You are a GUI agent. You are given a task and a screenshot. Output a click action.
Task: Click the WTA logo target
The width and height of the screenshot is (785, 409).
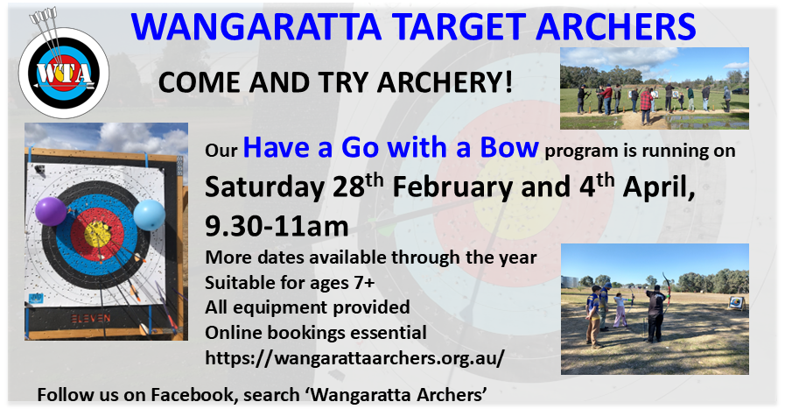click(x=64, y=73)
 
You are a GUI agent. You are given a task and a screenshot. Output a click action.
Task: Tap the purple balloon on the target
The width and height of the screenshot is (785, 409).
click(x=51, y=211)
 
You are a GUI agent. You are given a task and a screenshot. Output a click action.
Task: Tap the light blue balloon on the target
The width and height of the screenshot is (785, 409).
click(x=149, y=215)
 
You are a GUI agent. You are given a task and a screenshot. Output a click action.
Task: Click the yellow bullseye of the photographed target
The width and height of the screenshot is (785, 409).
click(x=98, y=233)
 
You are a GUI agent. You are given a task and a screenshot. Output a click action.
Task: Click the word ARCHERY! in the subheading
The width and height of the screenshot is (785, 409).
click(x=445, y=82)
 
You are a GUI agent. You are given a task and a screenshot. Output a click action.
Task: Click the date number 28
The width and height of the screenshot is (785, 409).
click(x=348, y=187)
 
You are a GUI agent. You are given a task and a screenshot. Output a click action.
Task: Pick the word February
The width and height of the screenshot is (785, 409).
click(x=453, y=188)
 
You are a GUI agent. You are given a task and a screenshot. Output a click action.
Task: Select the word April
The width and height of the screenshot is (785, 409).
click(x=658, y=188)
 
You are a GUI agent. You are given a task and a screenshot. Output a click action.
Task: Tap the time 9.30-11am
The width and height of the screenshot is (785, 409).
click(x=277, y=226)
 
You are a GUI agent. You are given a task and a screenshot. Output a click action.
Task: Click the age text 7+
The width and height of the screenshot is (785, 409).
click(x=364, y=283)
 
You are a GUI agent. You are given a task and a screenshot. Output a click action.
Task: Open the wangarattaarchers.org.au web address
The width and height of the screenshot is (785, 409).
click(x=354, y=358)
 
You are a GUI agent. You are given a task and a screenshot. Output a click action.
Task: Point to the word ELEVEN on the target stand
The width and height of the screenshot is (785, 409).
click(x=91, y=318)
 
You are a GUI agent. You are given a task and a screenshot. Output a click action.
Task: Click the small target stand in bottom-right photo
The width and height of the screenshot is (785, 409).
click(x=737, y=304)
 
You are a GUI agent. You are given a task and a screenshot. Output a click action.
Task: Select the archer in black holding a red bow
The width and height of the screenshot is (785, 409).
click(x=655, y=314)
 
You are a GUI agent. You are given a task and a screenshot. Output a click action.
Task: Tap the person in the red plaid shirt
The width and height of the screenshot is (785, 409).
click(x=646, y=106)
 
